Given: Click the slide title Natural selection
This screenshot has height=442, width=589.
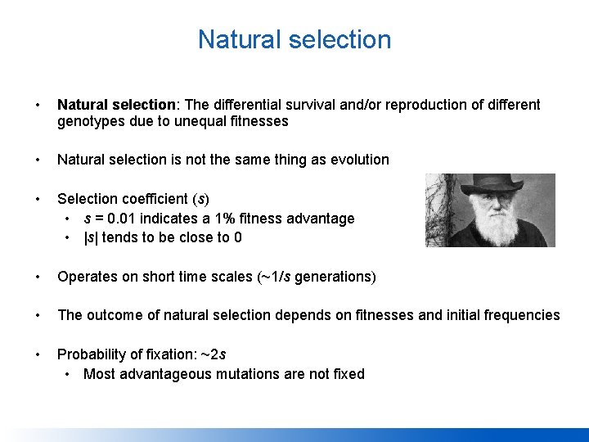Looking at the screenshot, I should (x=294, y=39).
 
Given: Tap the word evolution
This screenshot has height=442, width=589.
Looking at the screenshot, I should (x=357, y=160).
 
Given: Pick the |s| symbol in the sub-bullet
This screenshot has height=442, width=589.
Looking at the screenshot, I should (x=91, y=238).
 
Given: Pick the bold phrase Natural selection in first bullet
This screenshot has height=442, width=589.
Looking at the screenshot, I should (x=117, y=105).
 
